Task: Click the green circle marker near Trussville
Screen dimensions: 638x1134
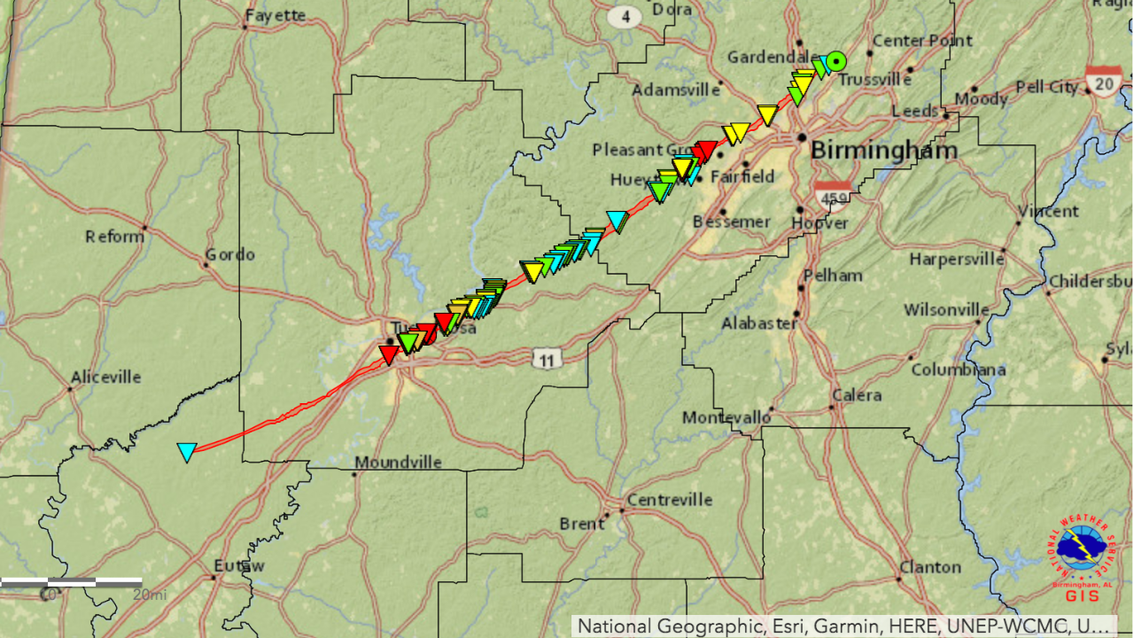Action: pos(836,62)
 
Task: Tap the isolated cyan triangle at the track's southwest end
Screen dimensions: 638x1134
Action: pos(186,452)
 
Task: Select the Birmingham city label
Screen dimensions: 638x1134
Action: pos(883,150)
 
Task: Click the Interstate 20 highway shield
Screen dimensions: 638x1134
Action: pos(1104,82)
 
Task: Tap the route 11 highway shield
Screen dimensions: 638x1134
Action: pos(548,359)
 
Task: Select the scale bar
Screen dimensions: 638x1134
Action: pos(71,582)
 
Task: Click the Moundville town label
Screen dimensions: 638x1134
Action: pos(398,463)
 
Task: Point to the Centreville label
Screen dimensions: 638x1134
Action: pos(669,500)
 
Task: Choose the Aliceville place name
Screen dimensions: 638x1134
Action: pos(105,377)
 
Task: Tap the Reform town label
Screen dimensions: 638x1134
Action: pos(114,237)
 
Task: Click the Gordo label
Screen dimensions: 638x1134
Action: pos(229,254)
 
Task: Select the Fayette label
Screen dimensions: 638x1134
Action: pos(276,15)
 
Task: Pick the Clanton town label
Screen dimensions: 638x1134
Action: pos(929,567)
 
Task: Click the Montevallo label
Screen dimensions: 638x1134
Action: pos(726,417)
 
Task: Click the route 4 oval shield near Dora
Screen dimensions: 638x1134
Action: pos(625,16)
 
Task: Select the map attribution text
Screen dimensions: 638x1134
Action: pos(843,626)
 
